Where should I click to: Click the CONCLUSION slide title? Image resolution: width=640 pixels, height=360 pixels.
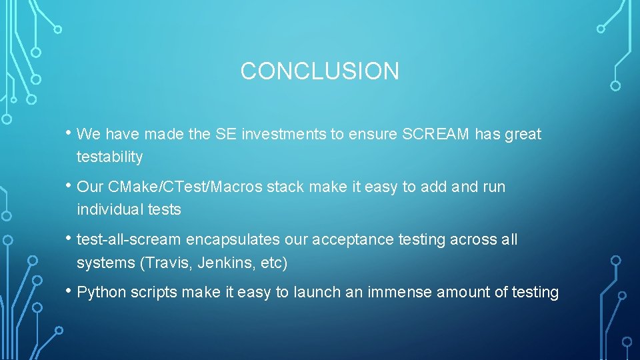(x=319, y=71)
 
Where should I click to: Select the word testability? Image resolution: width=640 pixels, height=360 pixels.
(x=109, y=157)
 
